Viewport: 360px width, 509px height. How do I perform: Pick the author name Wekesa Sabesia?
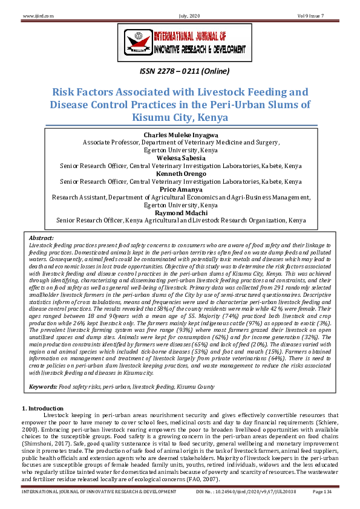pos(180,158)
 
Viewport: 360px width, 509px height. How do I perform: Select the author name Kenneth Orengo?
pos(180,173)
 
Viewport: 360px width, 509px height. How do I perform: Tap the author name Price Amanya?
pos(180,189)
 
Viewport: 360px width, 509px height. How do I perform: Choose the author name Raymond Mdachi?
pos(180,213)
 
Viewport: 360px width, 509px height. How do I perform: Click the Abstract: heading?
pos(42,239)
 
